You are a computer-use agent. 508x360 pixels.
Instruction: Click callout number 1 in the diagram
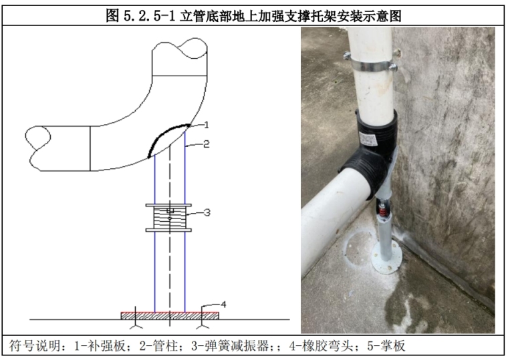[207, 125]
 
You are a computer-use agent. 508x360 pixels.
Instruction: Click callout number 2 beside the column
[207, 144]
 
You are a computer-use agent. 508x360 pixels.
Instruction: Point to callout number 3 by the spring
[207, 212]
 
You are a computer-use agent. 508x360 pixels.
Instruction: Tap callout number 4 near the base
[223, 305]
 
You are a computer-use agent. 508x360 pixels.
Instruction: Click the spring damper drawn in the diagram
[168, 218]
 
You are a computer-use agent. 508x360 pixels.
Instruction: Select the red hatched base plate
[170, 316]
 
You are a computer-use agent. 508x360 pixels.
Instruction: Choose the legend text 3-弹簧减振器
[230, 346]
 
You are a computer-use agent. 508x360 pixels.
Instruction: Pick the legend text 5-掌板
[386, 346]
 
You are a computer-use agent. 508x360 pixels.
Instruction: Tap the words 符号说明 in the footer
[35, 346]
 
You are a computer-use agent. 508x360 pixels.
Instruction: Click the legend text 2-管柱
[158, 346]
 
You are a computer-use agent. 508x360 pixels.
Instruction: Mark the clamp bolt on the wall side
[393, 67]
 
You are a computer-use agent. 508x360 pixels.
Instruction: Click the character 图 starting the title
[113, 15]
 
